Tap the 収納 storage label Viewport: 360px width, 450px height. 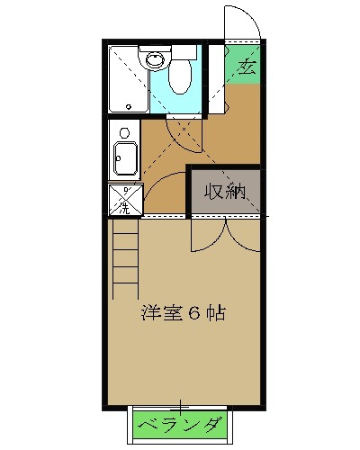tap(225, 191)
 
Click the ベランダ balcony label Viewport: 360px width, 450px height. tap(183, 424)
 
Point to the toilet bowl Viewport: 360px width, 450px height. tap(179, 77)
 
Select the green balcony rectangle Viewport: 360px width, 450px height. tap(183, 424)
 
